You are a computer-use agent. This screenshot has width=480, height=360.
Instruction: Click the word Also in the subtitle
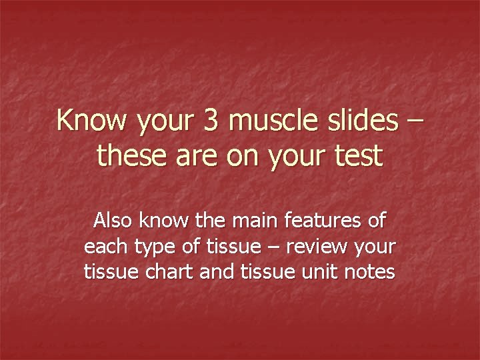tap(113, 220)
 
